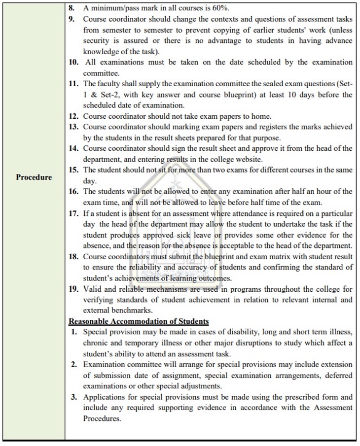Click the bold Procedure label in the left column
(x=34, y=177)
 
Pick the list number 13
(x=73, y=127)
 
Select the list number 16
(x=73, y=192)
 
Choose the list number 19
(x=73, y=289)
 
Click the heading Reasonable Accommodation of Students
(x=139, y=321)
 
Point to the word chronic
(x=96, y=343)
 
